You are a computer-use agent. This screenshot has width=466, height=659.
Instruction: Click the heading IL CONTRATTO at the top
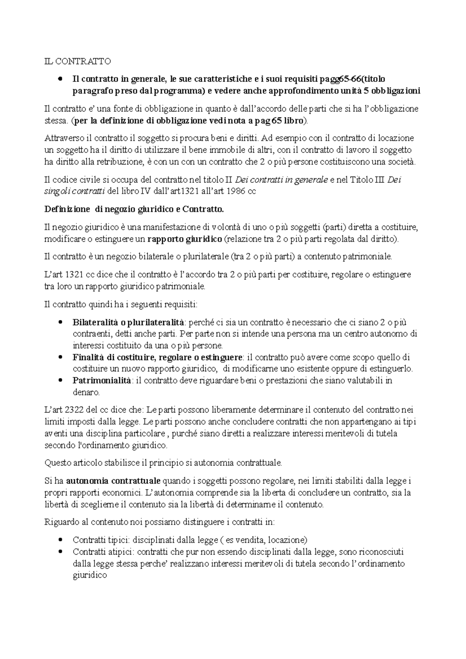pos(77,61)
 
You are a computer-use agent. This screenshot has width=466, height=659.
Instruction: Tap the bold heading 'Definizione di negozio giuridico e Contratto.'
pos(134,210)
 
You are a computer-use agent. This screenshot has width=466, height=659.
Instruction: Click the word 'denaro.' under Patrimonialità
pos(86,392)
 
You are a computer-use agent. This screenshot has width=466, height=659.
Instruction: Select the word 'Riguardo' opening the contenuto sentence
pos(60,522)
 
